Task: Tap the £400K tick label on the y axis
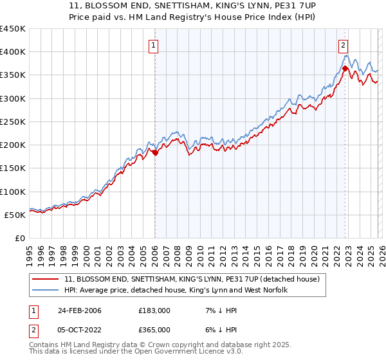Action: [12, 52]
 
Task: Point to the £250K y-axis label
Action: [12, 122]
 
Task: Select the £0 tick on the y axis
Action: [19, 238]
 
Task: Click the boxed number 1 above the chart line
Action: [154, 46]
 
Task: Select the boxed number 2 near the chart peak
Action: [344, 45]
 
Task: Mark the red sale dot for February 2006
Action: [155, 153]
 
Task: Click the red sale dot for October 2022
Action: [345, 68]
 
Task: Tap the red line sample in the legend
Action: [46, 279]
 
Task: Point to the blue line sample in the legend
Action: [46, 291]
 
